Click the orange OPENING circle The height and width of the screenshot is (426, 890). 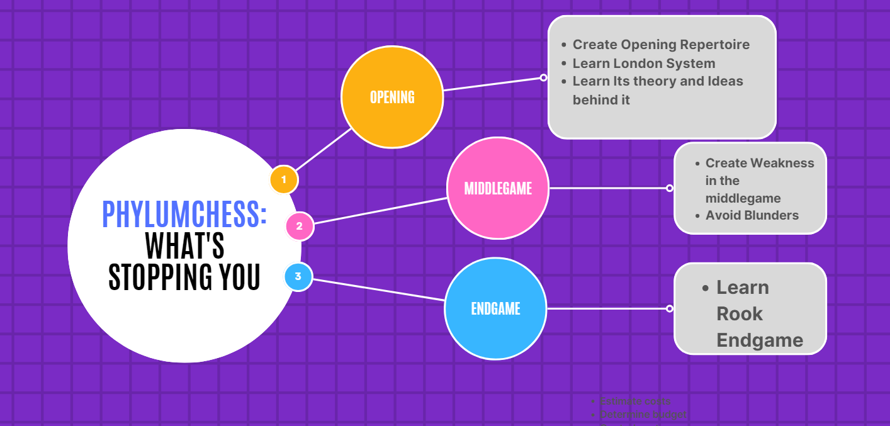pyautogui.click(x=392, y=97)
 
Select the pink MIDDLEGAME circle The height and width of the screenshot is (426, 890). pyautogui.click(x=498, y=188)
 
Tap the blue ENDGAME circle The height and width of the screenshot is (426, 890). pyautogui.click(x=495, y=308)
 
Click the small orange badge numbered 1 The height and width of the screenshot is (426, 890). pyautogui.click(x=284, y=180)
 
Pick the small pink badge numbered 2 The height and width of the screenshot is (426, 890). pyautogui.click(x=300, y=227)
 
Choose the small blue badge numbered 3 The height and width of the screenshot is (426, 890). pyautogui.click(x=298, y=276)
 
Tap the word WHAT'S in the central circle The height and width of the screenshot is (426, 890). pyautogui.click(x=184, y=245)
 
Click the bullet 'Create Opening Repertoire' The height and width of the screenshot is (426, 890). pyautogui.click(x=661, y=45)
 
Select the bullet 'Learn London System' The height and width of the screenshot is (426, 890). pyautogui.click(x=643, y=63)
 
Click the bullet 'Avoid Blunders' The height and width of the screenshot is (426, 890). pyautogui.click(x=752, y=215)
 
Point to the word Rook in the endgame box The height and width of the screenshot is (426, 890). pyautogui.click(x=739, y=313)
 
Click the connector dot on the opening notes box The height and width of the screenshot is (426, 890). pyautogui.click(x=544, y=78)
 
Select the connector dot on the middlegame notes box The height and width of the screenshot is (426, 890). pyautogui.click(x=670, y=188)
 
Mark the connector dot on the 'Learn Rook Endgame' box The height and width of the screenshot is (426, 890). pyautogui.click(x=670, y=308)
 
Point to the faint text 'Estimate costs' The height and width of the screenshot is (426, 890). pyautogui.click(x=635, y=401)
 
